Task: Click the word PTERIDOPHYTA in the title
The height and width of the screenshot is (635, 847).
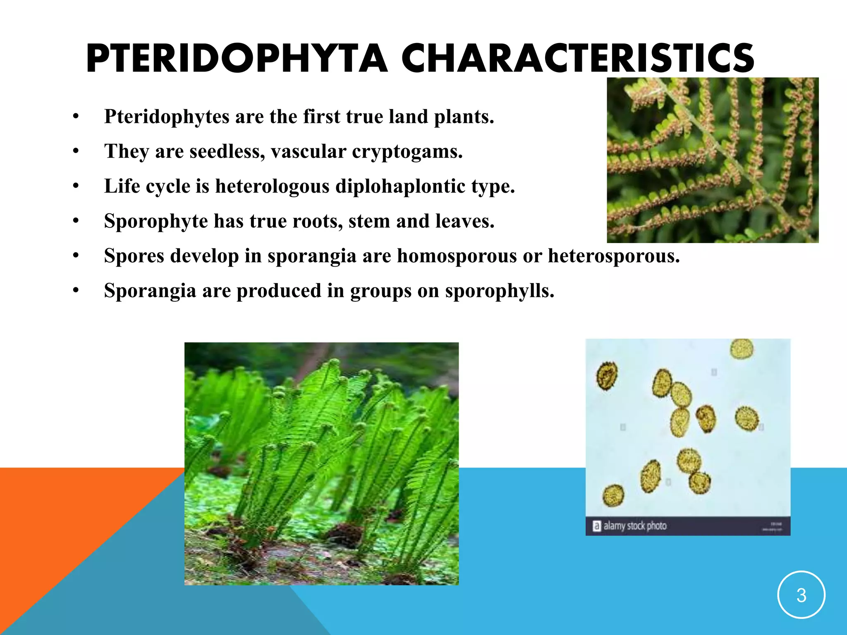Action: pyautogui.click(x=237, y=59)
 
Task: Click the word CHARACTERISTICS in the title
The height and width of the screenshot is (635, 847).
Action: pyautogui.click(x=578, y=59)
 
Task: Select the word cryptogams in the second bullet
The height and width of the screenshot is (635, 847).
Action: pyautogui.click(x=407, y=151)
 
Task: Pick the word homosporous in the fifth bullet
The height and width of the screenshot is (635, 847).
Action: pyautogui.click(x=457, y=256)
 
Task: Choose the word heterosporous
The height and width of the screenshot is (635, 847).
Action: pyautogui.click(x=613, y=256)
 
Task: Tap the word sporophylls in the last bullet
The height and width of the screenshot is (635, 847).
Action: pyautogui.click(x=499, y=291)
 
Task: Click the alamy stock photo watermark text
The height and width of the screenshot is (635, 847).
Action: pyautogui.click(x=635, y=526)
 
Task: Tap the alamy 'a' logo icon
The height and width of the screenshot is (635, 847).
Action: pyautogui.click(x=596, y=526)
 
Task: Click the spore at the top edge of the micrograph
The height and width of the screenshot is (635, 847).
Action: pyautogui.click(x=742, y=349)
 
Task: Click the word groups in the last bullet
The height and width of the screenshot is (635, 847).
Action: pyautogui.click(x=380, y=291)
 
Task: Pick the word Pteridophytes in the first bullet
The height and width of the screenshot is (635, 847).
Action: pyautogui.click(x=167, y=117)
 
